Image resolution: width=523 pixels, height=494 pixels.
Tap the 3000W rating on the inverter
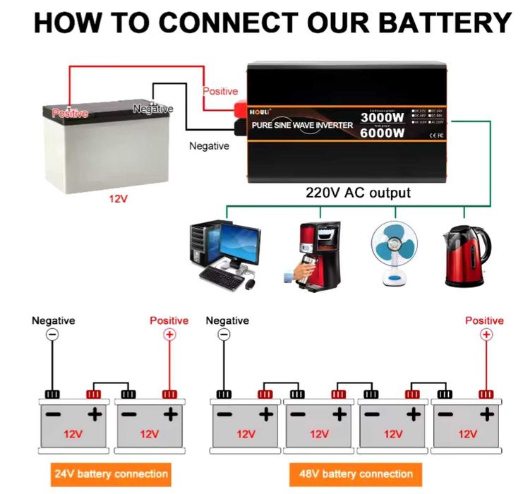tap(382, 117)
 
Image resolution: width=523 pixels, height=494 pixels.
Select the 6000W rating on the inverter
tap(382, 132)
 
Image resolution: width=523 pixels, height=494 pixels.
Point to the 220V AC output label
tap(358, 192)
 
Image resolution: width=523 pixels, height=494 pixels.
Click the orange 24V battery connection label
tap(111, 474)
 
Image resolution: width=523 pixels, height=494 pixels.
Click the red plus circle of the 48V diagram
tap(485, 335)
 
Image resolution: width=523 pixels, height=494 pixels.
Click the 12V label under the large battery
tap(118, 199)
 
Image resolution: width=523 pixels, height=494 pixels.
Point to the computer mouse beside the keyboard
tap(249, 284)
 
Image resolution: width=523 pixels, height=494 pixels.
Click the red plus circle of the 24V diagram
tap(169, 335)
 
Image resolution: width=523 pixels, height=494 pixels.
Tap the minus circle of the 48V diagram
tap(224, 335)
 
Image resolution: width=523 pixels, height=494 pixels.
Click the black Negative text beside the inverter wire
tap(209, 146)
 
